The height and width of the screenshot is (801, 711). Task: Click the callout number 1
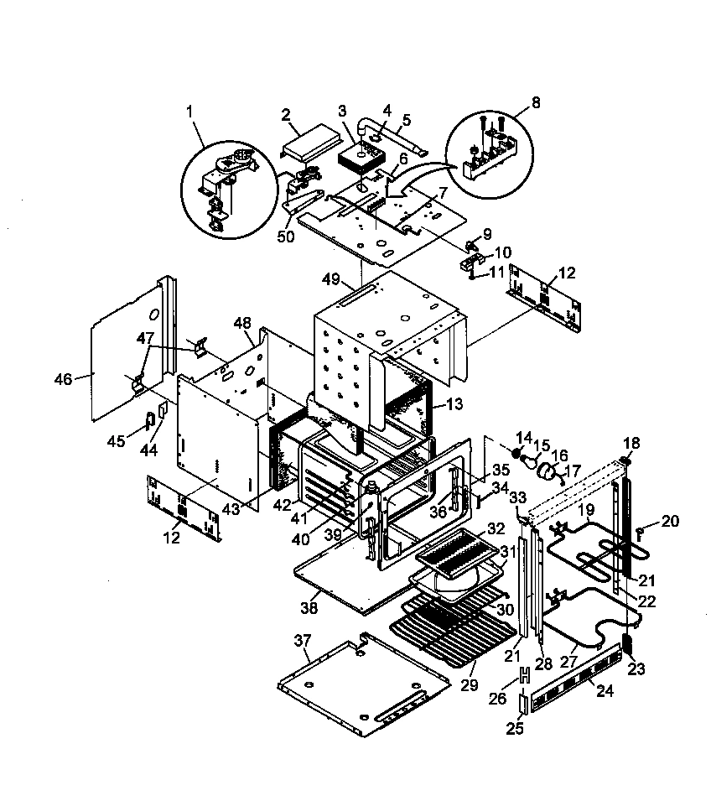[x=189, y=110]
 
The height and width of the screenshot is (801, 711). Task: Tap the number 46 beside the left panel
[x=64, y=378]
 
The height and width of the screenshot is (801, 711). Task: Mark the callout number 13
[x=454, y=404]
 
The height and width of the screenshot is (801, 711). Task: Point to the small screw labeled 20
[x=639, y=529]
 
